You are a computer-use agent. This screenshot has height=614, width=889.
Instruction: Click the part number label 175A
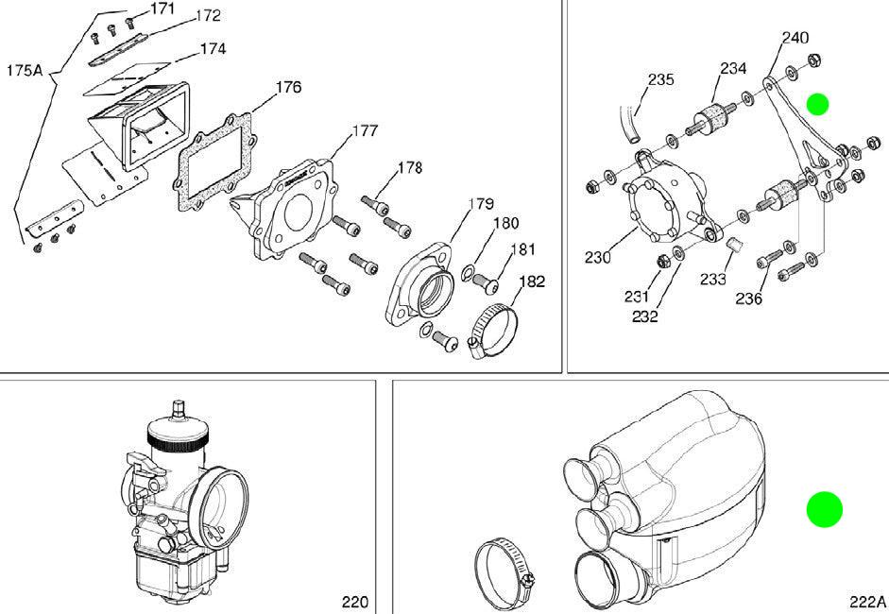point(25,71)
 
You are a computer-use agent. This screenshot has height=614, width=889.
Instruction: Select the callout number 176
point(288,87)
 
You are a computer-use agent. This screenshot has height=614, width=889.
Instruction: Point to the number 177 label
point(365,131)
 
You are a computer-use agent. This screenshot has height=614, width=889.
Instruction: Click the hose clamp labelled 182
point(493,332)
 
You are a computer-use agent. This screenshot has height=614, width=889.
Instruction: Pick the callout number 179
point(481,204)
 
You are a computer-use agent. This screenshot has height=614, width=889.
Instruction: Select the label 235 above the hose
point(661,79)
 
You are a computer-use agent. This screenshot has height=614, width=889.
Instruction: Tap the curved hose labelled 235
point(629,124)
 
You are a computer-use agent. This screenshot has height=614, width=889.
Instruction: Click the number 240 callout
point(795,38)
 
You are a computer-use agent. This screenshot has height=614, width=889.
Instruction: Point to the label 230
point(598,258)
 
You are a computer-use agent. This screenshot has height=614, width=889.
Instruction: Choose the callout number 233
point(712,279)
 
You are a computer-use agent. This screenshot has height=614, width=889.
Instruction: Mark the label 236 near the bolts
point(749,298)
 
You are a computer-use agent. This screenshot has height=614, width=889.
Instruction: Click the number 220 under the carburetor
point(355,602)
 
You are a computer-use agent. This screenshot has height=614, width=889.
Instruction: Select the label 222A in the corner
point(867,602)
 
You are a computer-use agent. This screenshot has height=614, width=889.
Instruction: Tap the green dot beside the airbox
point(825,509)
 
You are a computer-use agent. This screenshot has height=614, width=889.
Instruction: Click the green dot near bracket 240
point(817,104)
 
